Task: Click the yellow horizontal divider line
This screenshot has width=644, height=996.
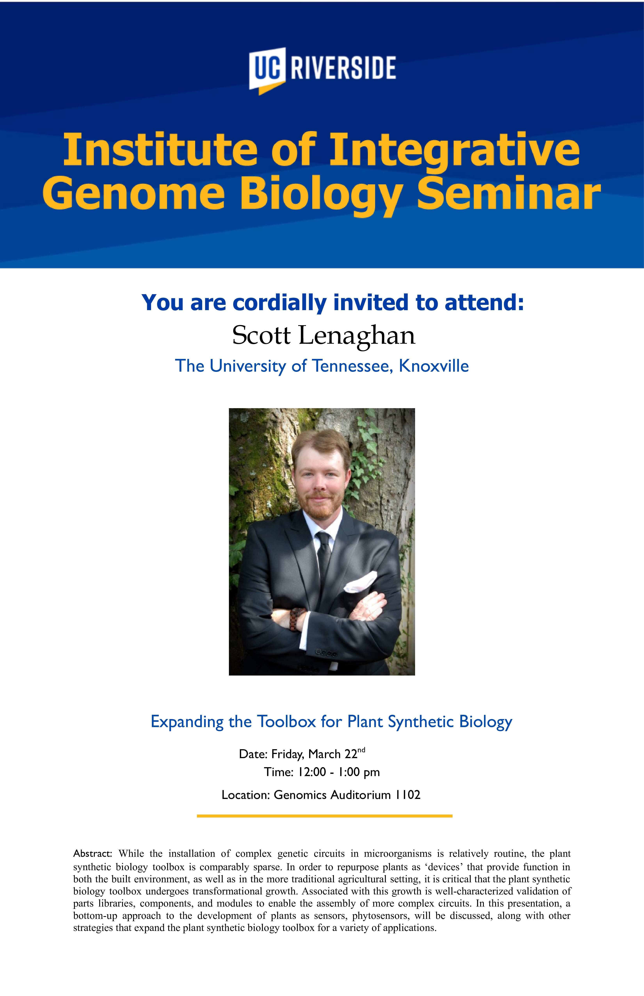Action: (325, 816)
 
